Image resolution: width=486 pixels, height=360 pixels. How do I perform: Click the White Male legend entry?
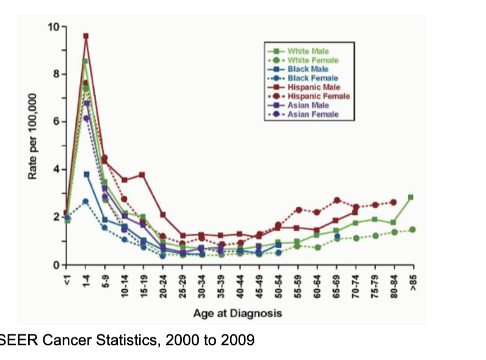tap(308, 51)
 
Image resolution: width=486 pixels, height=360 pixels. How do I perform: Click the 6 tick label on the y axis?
tap(54, 122)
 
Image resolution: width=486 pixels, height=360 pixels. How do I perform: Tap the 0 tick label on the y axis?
tap(54, 264)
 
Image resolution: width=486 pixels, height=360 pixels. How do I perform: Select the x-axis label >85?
tap(413, 280)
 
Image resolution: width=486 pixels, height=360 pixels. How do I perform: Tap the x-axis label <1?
tap(67, 279)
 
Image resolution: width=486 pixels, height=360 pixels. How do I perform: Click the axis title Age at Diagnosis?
tap(238, 313)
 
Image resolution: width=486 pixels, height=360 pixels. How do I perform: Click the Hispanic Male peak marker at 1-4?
tap(86, 36)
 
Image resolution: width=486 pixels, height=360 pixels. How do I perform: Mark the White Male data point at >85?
tap(411, 197)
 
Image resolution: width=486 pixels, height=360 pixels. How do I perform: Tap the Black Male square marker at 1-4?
tap(87, 175)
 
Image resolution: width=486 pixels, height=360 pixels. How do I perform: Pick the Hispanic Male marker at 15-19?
tap(142, 175)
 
